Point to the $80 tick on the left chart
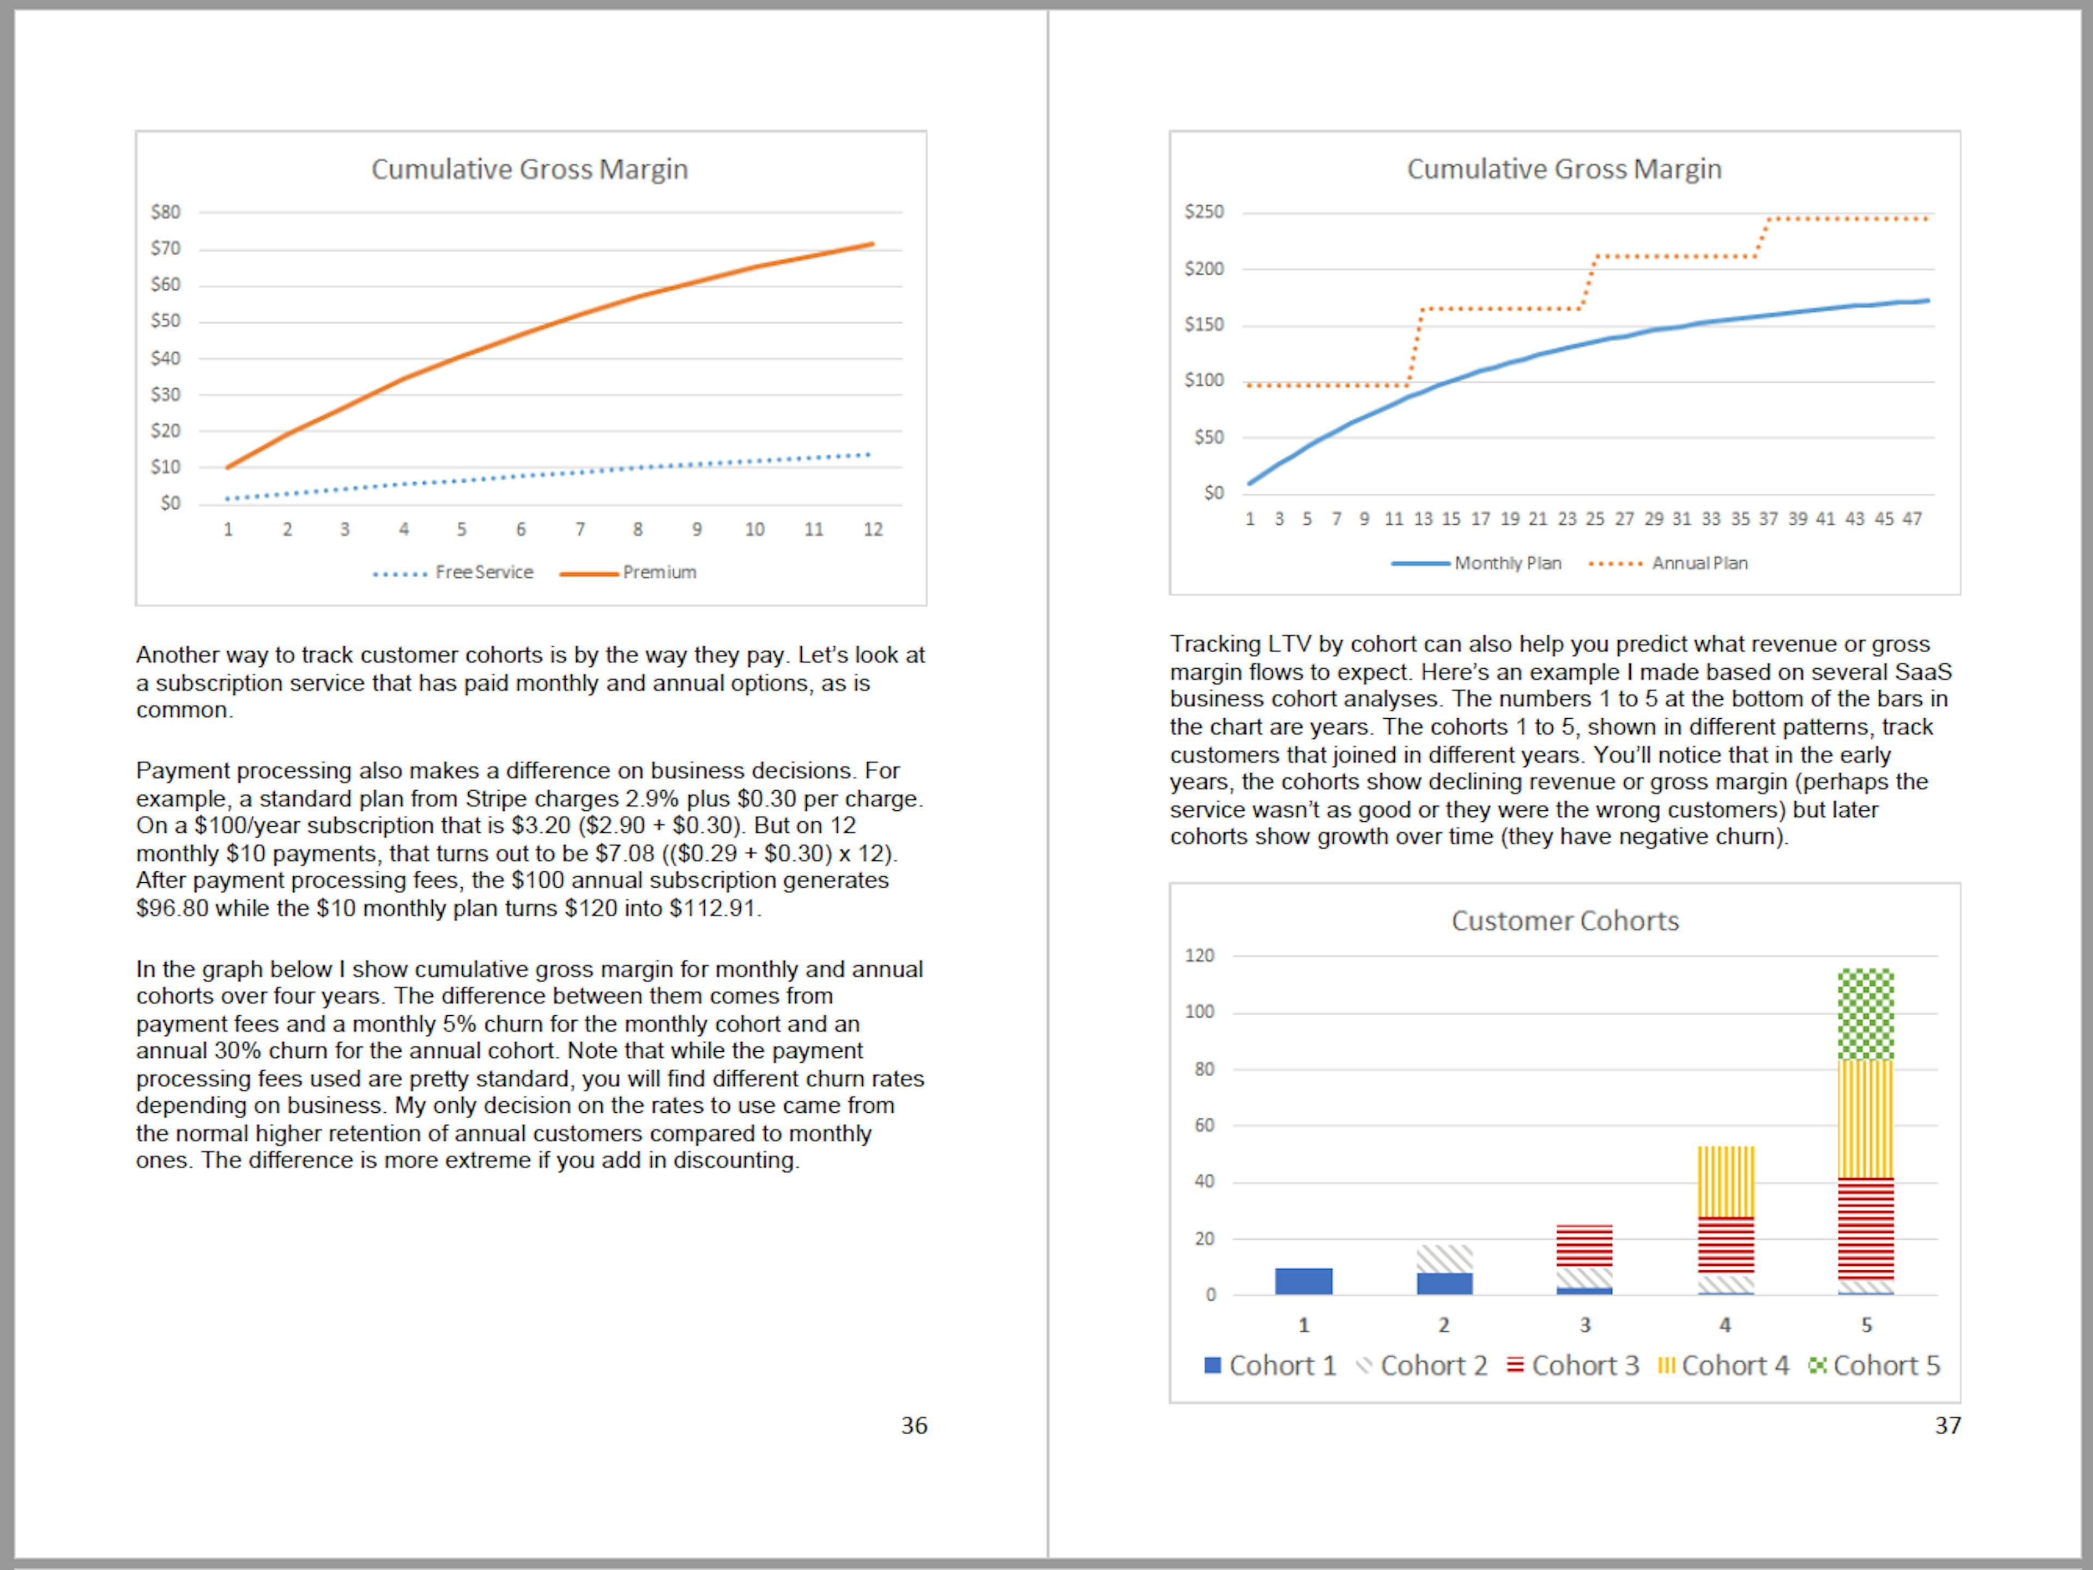[x=166, y=212]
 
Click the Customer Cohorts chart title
[x=1565, y=920]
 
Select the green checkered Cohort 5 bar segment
[x=1865, y=1014]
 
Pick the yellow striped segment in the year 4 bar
[x=1725, y=1181]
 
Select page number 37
[x=1947, y=1425]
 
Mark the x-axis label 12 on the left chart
[x=873, y=530]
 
